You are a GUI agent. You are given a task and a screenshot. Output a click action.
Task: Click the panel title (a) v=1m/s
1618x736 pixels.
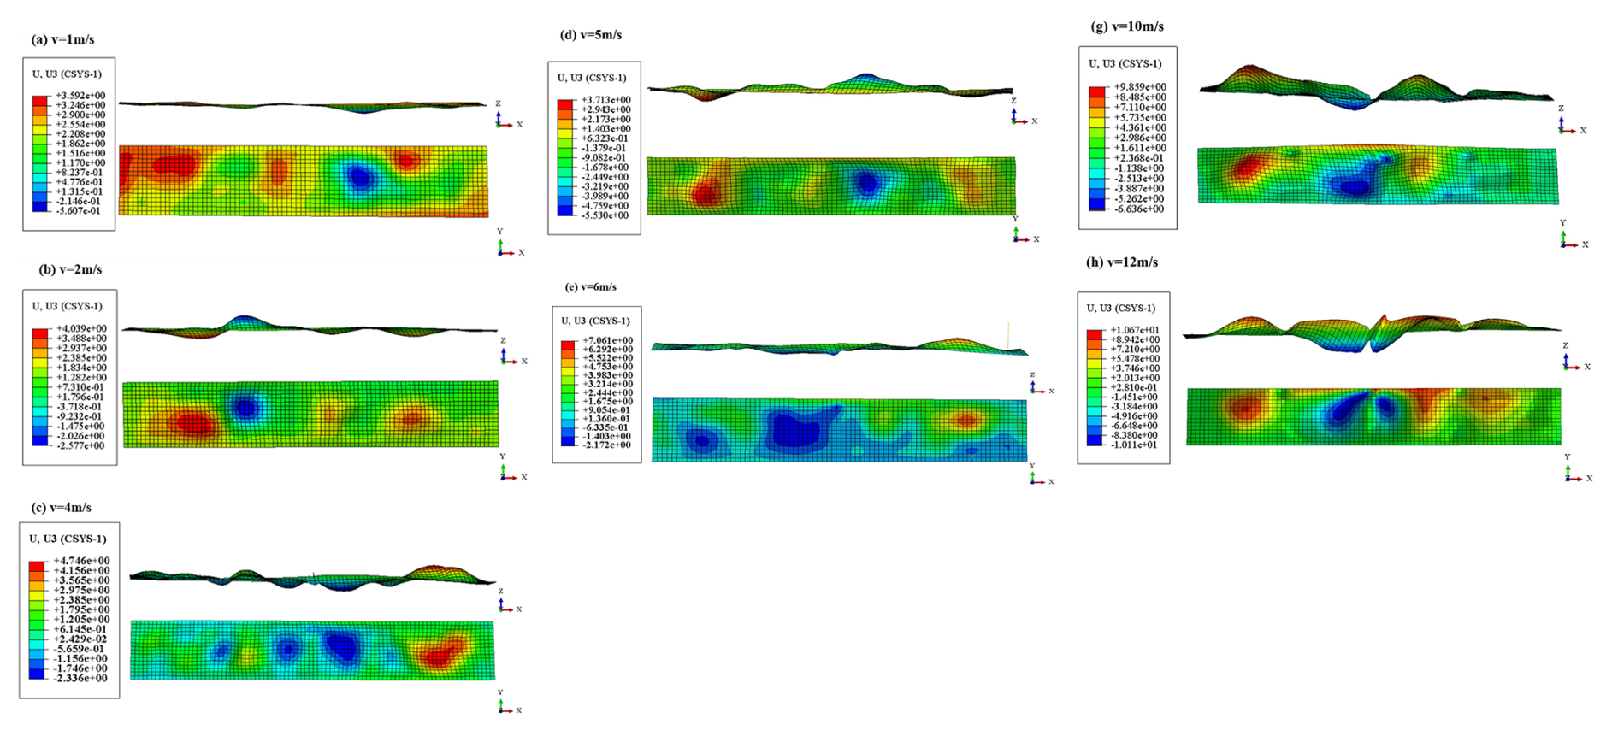[62, 39]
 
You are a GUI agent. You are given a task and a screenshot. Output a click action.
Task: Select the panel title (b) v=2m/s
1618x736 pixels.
[70, 269]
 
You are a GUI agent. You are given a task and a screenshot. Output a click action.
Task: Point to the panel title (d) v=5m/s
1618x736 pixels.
[590, 35]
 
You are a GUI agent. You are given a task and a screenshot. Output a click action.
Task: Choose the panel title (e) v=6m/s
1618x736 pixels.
[590, 287]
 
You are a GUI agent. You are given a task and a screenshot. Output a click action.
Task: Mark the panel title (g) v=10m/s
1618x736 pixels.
[1127, 26]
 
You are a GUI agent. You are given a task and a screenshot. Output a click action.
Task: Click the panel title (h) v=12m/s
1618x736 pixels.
[1122, 262]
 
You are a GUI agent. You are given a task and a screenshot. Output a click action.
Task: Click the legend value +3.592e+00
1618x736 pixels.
[80, 96]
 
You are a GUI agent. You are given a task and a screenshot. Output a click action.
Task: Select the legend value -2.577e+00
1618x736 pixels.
[80, 445]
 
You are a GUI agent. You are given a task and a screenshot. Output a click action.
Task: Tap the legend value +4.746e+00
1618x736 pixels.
[82, 561]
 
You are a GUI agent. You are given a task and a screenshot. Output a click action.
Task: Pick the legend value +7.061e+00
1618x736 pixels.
[608, 340]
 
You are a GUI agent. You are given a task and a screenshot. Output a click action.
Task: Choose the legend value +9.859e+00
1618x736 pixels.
[1139, 87]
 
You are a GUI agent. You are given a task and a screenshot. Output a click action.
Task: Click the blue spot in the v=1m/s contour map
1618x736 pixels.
[359, 178]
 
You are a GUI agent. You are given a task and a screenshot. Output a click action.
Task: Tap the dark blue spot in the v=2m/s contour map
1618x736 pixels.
[246, 408]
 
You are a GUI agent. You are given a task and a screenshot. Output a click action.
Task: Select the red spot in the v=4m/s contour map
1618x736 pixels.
[440, 656]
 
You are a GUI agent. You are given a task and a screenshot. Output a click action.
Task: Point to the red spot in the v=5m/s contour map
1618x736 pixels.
[705, 196]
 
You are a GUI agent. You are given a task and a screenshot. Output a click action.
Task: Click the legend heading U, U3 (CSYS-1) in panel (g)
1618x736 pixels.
[1125, 63]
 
